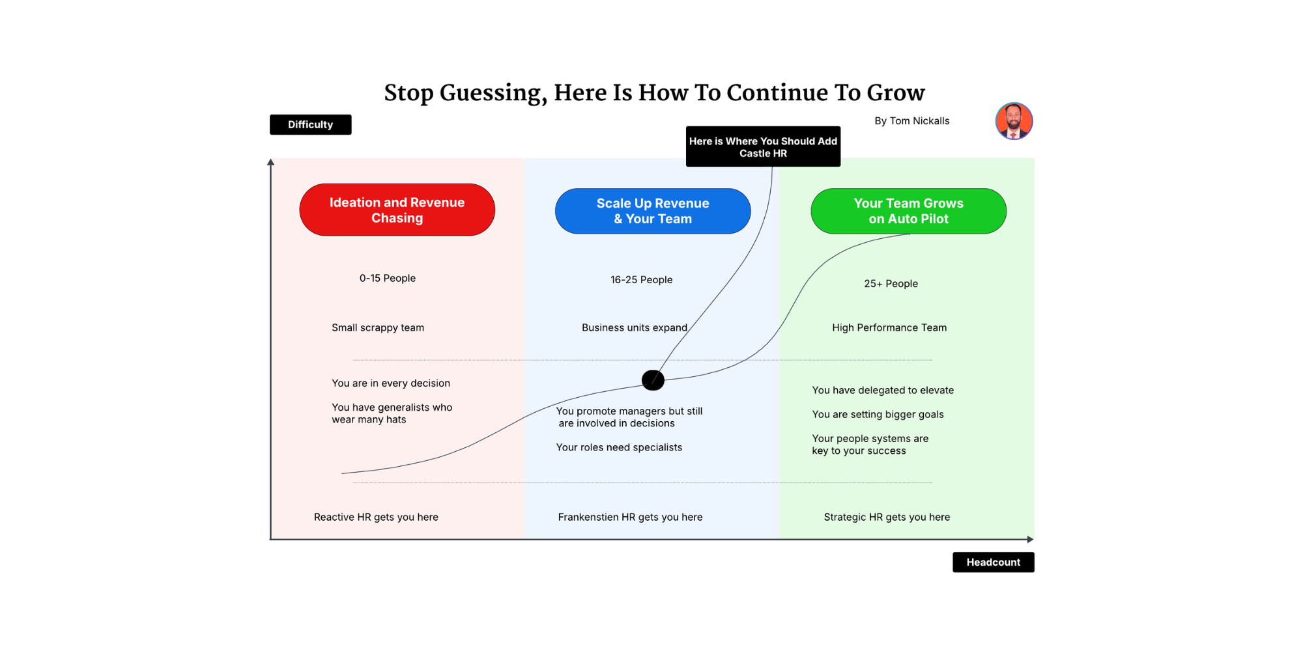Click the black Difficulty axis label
(x=310, y=124)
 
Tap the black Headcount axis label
(x=993, y=562)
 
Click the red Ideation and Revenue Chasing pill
(x=397, y=210)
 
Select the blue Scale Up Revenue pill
(x=653, y=211)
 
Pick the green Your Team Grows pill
(x=908, y=211)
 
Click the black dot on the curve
(x=653, y=380)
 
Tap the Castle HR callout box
(x=763, y=146)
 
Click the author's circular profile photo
(x=1014, y=121)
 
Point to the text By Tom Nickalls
(x=911, y=121)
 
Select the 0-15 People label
(x=388, y=278)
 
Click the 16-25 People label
(x=641, y=280)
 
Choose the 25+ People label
(x=891, y=284)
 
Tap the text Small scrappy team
(x=378, y=327)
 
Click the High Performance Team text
(x=889, y=327)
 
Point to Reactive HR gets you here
(x=376, y=517)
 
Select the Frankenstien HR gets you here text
(x=630, y=517)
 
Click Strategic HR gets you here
(x=887, y=517)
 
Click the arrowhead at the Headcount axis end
(x=1030, y=539)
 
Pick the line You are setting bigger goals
(x=878, y=414)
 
